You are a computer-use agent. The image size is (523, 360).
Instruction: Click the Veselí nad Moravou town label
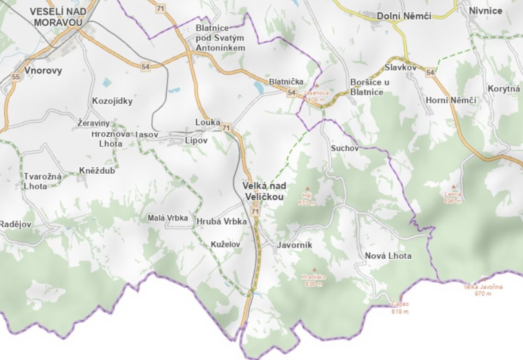(x=58, y=17)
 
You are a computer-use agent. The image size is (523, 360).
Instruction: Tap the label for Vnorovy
(x=43, y=70)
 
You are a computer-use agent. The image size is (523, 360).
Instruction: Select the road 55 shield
(x=16, y=77)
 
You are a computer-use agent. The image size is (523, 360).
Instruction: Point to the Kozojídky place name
(x=112, y=101)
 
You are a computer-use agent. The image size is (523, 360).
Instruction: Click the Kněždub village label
(x=97, y=171)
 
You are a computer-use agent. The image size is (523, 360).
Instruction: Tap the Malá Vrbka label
(x=167, y=218)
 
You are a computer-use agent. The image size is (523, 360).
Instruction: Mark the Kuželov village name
(x=225, y=244)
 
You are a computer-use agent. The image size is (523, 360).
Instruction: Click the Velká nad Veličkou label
(x=264, y=191)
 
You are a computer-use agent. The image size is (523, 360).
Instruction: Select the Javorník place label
(x=294, y=245)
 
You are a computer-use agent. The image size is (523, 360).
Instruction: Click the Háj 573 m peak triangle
(x=308, y=189)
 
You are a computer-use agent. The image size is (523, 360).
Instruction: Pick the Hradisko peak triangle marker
(x=314, y=270)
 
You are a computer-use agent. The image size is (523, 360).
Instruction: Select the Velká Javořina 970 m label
(x=483, y=290)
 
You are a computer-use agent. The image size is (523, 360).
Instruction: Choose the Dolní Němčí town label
(x=404, y=16)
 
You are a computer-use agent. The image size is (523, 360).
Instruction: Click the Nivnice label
(x=485, y=11)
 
